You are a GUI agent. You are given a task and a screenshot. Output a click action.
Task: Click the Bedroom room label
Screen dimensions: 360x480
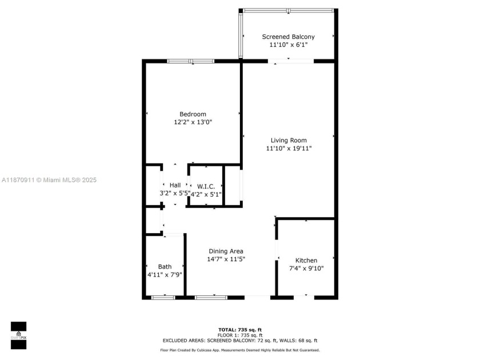click(x=193, y=114)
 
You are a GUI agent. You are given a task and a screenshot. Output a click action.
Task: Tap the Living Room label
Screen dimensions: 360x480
click(x=289, y=141)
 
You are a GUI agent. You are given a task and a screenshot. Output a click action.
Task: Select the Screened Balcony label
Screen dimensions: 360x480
click(x=288, y=37)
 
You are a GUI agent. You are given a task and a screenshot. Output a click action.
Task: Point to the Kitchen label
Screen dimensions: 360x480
click(x=306, y=261)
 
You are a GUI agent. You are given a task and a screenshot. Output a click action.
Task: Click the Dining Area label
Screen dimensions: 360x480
click(x=226, y=251)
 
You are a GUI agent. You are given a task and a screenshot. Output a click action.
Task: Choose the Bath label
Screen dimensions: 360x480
click(x=165, y=267)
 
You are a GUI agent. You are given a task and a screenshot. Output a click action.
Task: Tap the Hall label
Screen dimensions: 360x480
click(x=175, y=185)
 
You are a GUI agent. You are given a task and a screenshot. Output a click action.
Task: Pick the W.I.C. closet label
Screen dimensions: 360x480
click(x=206, y=186)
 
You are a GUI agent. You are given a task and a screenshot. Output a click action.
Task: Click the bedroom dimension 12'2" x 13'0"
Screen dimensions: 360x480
click(x=193, y=122)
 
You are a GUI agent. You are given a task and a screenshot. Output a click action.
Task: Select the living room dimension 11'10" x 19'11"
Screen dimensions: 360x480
click(x=289, y=149)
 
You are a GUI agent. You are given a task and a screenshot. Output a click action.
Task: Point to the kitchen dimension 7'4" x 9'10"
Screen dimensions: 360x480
click(x=306, y=269)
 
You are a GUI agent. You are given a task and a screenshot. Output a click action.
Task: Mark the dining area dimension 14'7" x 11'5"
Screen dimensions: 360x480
click(x=226, y=259)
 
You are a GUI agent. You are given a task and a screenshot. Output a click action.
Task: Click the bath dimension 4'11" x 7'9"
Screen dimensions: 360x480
click(x=165, y=275)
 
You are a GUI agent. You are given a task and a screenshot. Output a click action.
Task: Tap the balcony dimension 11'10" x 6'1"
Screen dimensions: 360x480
click(x=288, y=45)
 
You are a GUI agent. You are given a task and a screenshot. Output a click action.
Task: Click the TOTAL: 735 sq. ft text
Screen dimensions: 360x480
click(x=240, y=330)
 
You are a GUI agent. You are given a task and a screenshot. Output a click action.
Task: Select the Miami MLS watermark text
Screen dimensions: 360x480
click(x=49, y=180)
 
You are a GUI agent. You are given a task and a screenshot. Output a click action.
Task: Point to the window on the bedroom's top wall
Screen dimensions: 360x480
click(x=191, y=61)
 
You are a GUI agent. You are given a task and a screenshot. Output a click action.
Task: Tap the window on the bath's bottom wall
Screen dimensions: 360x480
click(x=163, y=297)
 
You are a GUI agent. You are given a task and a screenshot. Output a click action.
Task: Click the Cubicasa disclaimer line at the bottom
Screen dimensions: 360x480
click(x=240, y=350)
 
